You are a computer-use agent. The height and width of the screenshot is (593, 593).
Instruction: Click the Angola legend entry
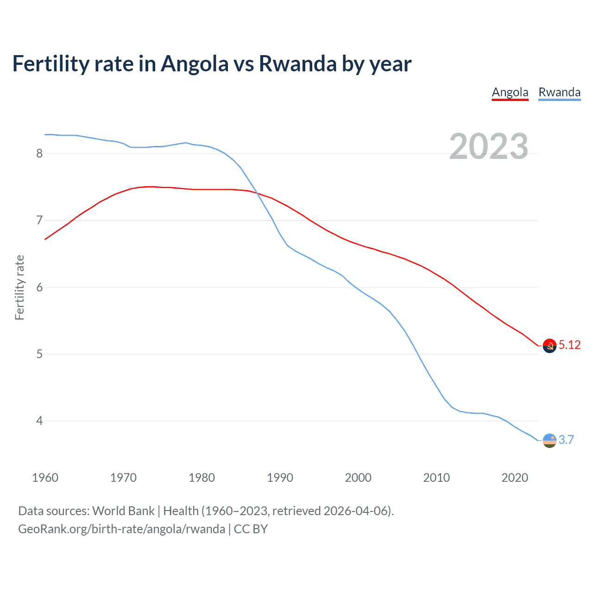click(510, 92)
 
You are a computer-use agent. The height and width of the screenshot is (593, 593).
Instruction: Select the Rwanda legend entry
click(559, 92)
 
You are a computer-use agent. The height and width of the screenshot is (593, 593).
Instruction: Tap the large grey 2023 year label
click(489, 146)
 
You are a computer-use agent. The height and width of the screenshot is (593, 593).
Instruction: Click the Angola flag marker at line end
click(549, 346)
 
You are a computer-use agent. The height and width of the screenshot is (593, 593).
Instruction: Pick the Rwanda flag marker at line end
click(549, 440)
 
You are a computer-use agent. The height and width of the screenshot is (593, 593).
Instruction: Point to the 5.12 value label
click(569, 345)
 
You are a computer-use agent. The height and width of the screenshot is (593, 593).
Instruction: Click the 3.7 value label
click(566, 440)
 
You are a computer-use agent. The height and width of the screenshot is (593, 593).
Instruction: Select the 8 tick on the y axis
click(39, 153)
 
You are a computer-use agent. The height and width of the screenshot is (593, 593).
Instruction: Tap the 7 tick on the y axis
click(39, 220)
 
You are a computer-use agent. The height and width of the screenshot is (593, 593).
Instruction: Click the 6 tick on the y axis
click(39, 287)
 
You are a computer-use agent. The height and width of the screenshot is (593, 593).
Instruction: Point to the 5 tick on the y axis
click(39, 354)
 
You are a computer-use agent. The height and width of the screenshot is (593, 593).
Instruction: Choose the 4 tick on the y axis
click(39, 421)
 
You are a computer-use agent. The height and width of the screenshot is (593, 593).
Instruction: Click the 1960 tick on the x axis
click(45, 478)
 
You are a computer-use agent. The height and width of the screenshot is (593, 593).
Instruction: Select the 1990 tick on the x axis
click(280, 478)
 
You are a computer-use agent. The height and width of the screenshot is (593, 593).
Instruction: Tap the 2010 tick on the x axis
click(436, 478)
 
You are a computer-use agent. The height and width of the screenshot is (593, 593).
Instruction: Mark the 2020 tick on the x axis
click(515, 478)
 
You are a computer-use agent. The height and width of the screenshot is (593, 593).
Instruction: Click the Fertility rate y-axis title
click(19, 287)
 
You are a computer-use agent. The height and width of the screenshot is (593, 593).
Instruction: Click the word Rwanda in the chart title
click(297, 64)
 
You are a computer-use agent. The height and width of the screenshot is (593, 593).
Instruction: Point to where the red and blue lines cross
click(258, 193)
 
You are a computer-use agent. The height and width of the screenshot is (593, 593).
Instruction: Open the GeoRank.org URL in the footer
click(121, 529)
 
